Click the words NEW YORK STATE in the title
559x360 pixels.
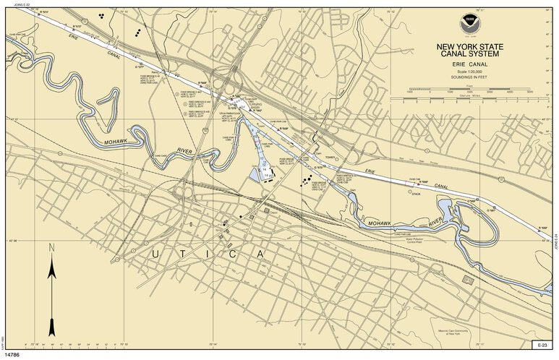469,48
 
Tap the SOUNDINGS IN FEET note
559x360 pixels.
469,78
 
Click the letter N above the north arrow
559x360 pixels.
51,248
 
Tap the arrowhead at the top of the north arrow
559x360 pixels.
51,266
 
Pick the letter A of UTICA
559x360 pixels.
258,254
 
